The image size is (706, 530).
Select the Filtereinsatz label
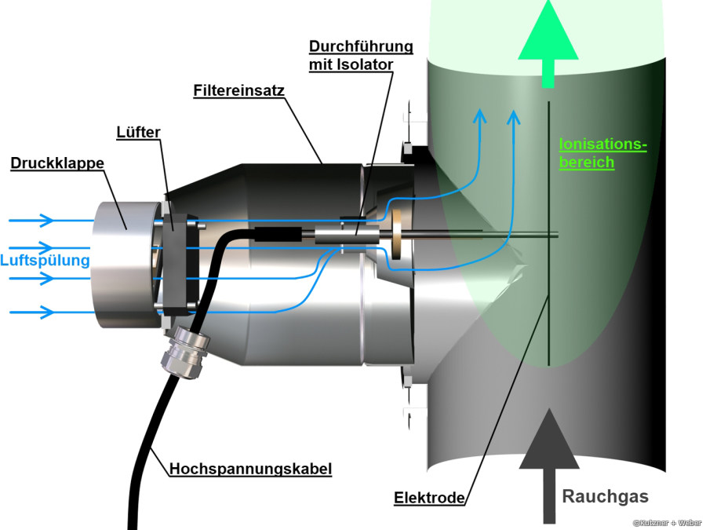click(238, 90)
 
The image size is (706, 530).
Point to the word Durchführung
click(360, 46)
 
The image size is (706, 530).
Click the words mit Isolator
click(350, 64)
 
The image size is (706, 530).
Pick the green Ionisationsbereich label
click(602, 153)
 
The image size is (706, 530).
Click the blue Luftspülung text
click(45, 259)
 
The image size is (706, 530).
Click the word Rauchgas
click(606, 496)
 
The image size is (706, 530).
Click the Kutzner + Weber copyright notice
click(667, 522)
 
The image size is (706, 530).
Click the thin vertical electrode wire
click(548, 236)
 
